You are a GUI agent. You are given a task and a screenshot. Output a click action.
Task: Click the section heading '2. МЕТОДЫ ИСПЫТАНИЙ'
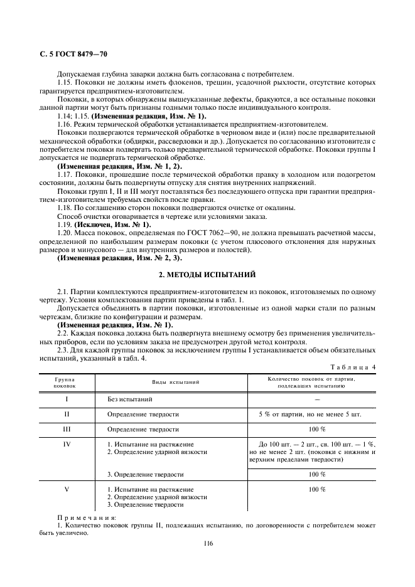pos(207,275)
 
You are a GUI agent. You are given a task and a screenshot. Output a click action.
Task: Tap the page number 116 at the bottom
pos(207,543)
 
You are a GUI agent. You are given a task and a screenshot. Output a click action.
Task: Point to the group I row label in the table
pos(67,399)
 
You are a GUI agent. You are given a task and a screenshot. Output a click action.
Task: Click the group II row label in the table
pos(67,414)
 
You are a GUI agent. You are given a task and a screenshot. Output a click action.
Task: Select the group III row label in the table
pos(67,429)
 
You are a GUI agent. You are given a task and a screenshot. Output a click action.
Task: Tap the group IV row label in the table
pos(67,444)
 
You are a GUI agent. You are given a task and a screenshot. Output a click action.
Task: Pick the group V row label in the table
pos(67,489)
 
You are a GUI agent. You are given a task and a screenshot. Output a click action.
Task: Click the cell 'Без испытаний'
pos(129,399)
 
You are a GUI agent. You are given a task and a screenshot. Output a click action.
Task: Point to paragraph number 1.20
pos(65,233)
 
